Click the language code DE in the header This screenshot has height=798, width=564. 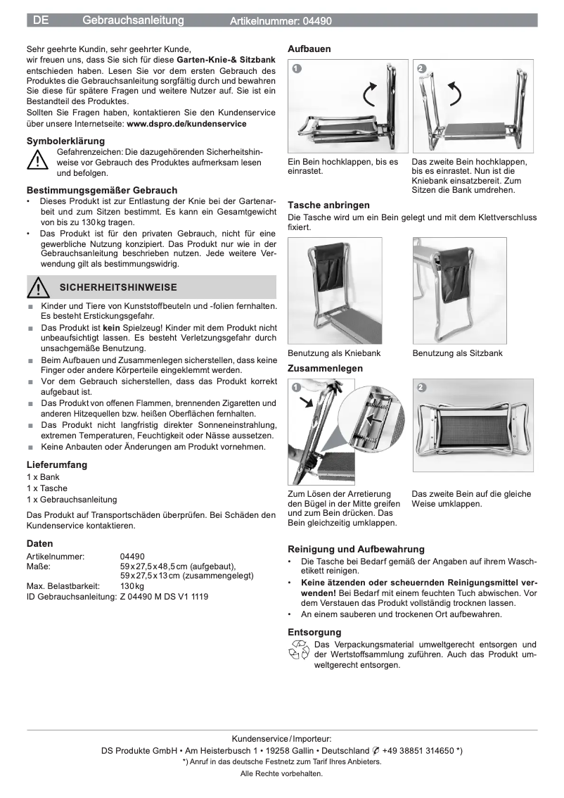point(41,21)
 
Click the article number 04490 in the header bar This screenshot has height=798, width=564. point(317,21)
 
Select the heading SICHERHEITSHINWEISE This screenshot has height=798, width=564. point(118,287)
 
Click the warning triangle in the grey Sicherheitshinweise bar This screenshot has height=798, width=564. point(37,287)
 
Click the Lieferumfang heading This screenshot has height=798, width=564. point(57,464)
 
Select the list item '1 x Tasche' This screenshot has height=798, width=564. point(47,488)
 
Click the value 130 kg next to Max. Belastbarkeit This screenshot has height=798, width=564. point(132,585)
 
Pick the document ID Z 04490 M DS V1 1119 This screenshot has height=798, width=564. point(164,596)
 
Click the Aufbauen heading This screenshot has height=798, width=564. point(309,49)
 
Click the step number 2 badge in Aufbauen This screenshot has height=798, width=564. point(421,69)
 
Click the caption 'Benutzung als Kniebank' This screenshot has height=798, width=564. point(334,353)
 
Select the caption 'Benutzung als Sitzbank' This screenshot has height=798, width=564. point(458,353)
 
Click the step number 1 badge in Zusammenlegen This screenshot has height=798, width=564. point(297,387)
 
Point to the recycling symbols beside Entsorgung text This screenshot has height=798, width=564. point(299,650)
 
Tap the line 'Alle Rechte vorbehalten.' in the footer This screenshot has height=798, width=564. point(281,773)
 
